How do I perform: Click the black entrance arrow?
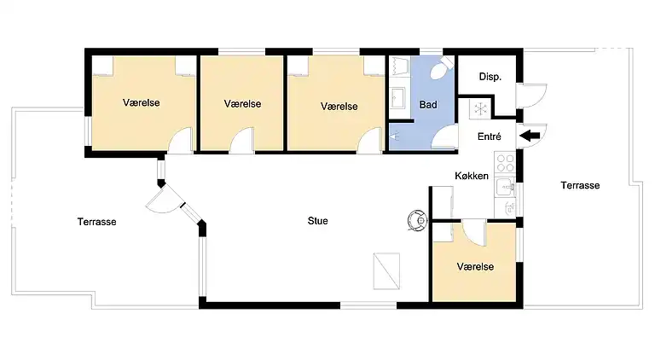pyautogui.click(x=528, y=134)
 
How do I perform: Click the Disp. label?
pyautogui.click(x=490, y=77)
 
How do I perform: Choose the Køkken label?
pyautogui.click(x=471, y=176)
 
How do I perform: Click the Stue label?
pyautogui.click(x=317, y=221)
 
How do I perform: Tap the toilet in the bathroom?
pyautogui.click(x=440, y=71)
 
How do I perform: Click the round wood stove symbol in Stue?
pyautogui.click(x=415, y=219)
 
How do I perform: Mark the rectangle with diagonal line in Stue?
pyautogui.click(x=386, y=270)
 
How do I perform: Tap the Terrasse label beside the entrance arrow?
pyautogui.click(x=580, y=185)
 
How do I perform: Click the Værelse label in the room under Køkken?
pyautogui.click(x=475, y=267)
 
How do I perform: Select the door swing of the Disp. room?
pyautogui.click(x=530, y=95)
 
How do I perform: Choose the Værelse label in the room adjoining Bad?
pyautogui.click(x=339, y=106)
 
